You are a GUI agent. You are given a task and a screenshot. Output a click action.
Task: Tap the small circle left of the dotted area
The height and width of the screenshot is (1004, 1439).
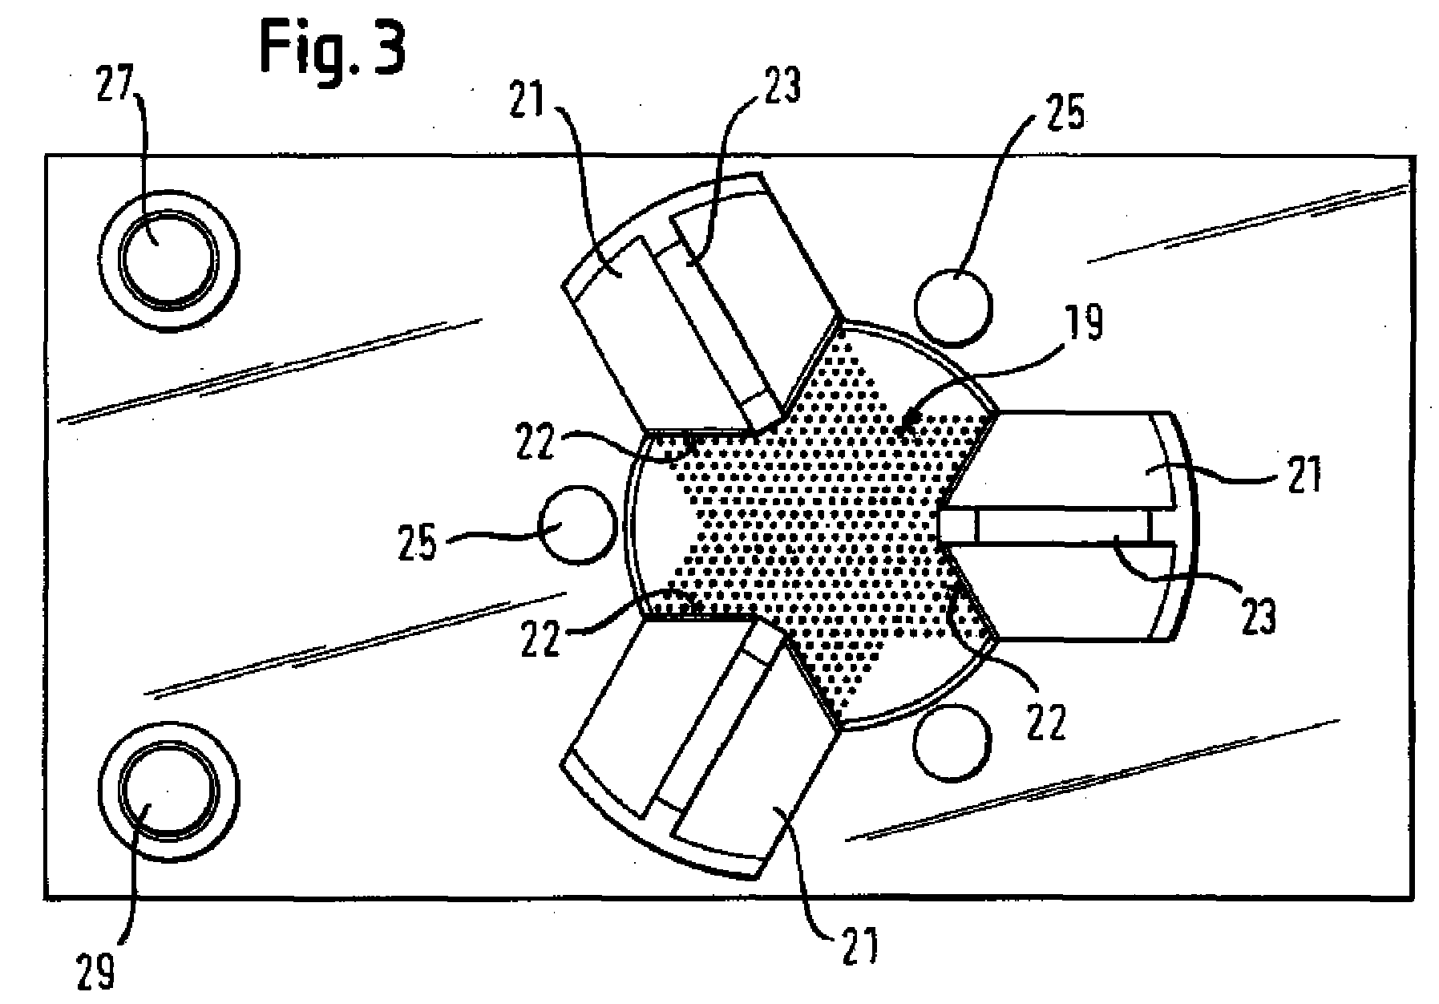(579, 524)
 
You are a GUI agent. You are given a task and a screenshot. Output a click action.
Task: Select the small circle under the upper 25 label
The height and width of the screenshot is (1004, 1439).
(952, 307)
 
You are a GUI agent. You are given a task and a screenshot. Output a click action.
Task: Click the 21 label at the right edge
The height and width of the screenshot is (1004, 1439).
(1301, 475)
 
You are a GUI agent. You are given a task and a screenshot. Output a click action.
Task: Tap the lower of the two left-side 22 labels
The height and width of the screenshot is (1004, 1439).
(540, 639)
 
